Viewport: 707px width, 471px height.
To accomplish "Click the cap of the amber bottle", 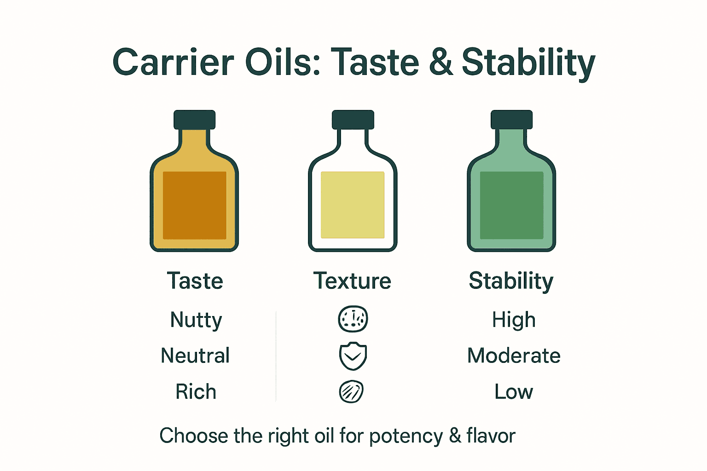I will point(194,120).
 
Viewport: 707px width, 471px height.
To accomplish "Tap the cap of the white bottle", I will point(353,120).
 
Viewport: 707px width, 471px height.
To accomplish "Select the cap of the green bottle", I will point(511,120).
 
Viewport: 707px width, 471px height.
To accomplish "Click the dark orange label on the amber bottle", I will point(195,205).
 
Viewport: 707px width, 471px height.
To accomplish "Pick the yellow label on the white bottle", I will point(353,205).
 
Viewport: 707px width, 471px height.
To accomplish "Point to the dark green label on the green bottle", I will point(511,205).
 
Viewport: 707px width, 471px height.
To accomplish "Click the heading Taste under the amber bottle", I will point(195,281).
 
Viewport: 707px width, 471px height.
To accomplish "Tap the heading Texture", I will point(352,281).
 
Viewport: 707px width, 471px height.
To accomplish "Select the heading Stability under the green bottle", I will point(511,281).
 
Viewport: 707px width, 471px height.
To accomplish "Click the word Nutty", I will point(196,320).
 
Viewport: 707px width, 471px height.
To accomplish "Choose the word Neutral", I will point(195,356).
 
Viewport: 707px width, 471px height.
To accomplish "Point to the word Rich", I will point(196,392).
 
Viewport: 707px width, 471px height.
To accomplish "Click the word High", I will point(514,320).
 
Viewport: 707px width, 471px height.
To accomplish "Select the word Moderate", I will point(514,356).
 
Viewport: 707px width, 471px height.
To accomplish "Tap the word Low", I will point(514,392).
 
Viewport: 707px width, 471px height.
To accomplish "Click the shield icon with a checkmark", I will point(353,356).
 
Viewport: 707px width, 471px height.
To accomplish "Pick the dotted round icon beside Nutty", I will point(353,319).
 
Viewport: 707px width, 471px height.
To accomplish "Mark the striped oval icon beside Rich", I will point(351,392).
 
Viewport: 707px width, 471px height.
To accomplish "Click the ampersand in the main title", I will point(441,63).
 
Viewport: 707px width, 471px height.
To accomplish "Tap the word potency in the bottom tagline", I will point(406,436).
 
